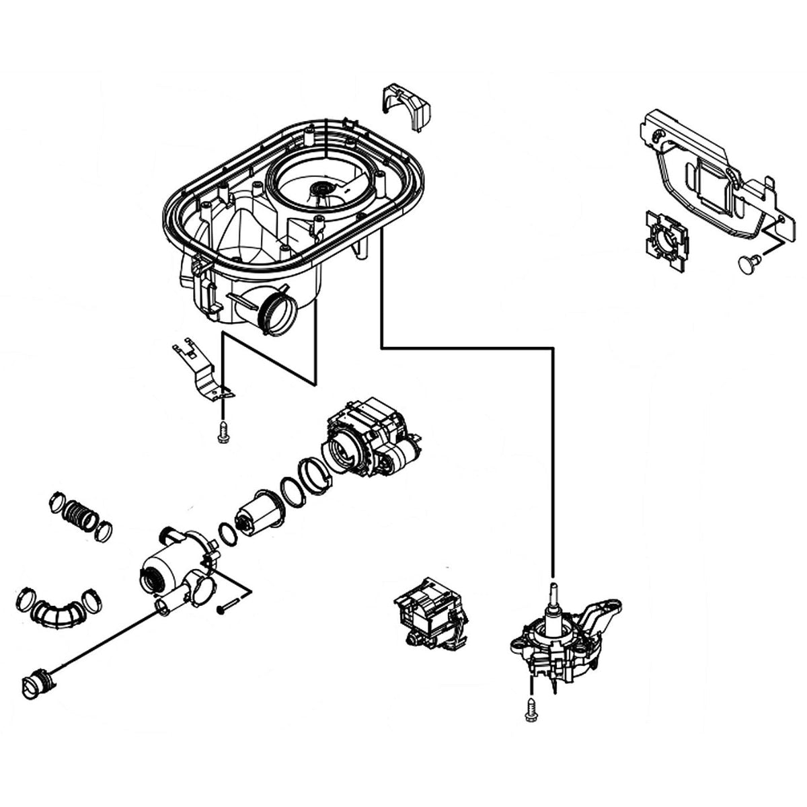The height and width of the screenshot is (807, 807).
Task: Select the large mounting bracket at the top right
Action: pos(706,168)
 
